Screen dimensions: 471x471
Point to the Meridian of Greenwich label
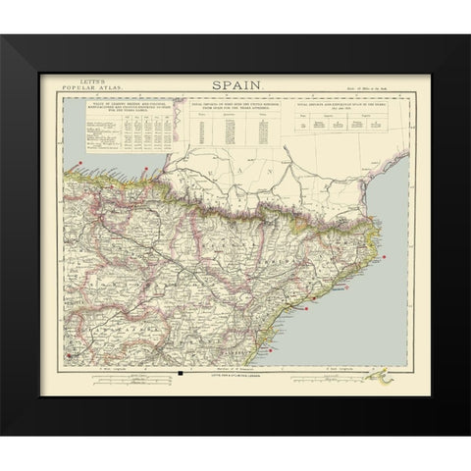point(235,366)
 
